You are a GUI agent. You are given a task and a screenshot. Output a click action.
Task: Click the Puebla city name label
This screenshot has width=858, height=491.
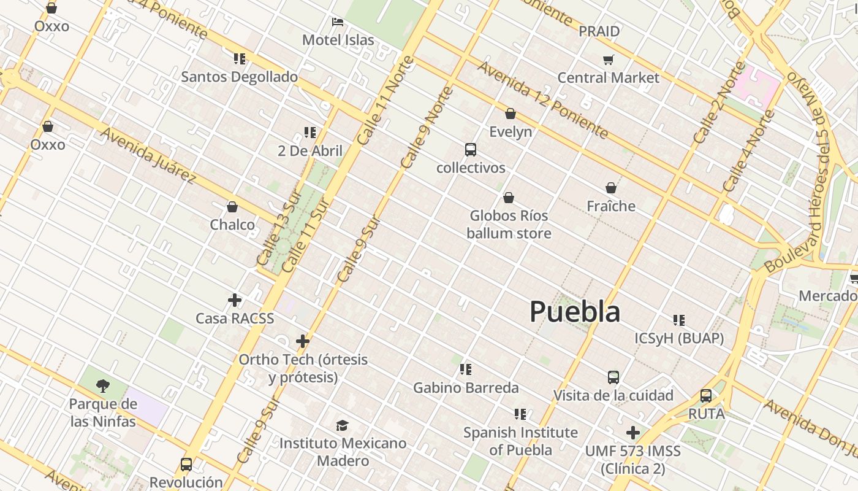pos(575,311)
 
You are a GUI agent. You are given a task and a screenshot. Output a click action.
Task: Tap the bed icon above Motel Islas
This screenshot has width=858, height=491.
pos(338,22)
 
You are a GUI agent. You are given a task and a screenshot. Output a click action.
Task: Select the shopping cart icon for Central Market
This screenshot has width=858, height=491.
pos(608,60)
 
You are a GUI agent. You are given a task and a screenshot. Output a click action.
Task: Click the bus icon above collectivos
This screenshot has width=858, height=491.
pos(471,150)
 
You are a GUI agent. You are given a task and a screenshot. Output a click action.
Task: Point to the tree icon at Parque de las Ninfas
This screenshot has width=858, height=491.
pos(103,385)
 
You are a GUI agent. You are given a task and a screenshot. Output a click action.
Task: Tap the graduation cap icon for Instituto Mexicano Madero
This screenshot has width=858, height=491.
pos(343,425)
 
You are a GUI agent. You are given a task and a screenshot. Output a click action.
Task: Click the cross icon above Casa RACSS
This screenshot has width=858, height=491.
pos(235,300)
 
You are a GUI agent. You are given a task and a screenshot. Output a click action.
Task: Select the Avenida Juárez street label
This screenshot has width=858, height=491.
pos(148,156)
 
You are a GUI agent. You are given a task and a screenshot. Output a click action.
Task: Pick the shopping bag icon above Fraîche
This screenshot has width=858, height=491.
pos(611,188)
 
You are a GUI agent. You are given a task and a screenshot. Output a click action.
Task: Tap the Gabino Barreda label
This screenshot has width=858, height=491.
pos(466,388)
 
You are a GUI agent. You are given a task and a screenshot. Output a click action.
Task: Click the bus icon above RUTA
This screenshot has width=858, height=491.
pos(706,396)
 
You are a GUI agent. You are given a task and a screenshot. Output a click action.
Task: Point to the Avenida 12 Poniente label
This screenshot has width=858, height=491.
pos(543,100)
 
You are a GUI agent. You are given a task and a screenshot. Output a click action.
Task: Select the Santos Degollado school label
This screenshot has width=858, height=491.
pos(239,77)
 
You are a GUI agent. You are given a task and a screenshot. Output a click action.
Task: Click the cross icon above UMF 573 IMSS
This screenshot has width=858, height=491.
pos(633,433)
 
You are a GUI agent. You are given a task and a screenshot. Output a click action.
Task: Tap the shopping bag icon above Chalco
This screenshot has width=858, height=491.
pos(232,207)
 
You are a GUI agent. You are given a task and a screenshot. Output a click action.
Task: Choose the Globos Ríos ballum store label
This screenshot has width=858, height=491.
pos(509,225)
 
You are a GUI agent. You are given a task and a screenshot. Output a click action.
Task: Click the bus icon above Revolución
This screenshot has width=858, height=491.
pos(186,464)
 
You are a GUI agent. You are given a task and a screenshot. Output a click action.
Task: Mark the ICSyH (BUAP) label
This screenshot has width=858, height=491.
pos(679,338)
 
